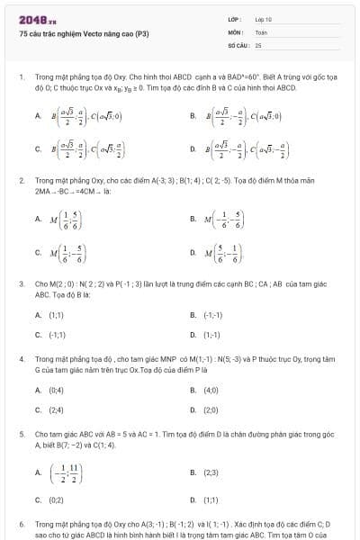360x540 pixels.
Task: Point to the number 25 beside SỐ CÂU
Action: (x=258, y=44)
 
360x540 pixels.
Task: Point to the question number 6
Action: (x=21, y=523)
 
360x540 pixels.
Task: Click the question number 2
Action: (x=21, y=181)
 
